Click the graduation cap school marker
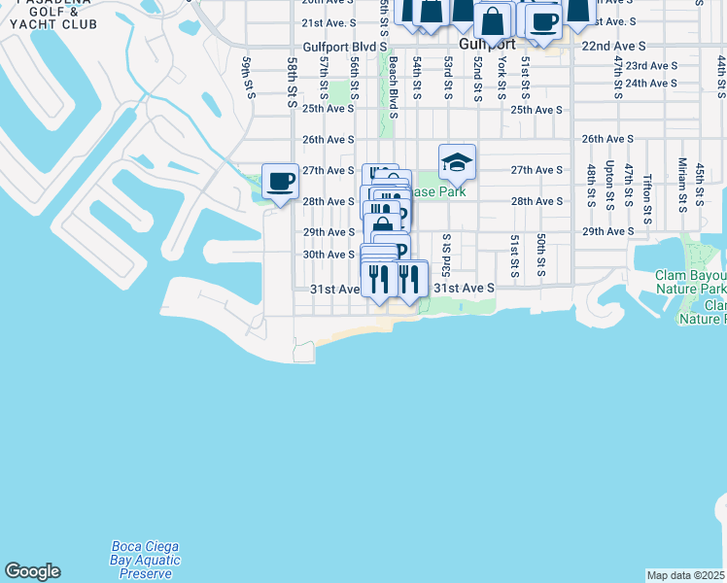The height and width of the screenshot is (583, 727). [x=457, y=163]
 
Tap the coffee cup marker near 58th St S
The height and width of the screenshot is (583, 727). [x=280, y=181]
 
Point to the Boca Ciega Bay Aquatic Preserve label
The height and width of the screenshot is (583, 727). [x=146, y=560]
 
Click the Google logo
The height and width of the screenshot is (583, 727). [x=32, y=571]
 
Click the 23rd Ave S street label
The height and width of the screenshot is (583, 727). [x=651, y=65]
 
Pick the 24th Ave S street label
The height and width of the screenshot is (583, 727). [x=651, y=84]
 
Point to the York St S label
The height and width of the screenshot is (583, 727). [x=502, y=77]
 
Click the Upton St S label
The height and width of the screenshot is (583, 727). [x=609, y=184]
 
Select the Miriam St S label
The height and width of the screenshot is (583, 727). [x=682, y=182]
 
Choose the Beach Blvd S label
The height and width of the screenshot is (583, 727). [x=393, y=86]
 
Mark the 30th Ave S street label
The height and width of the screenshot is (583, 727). [x=328, y=255]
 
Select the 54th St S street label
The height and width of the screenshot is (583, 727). [x=416, y=78]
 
